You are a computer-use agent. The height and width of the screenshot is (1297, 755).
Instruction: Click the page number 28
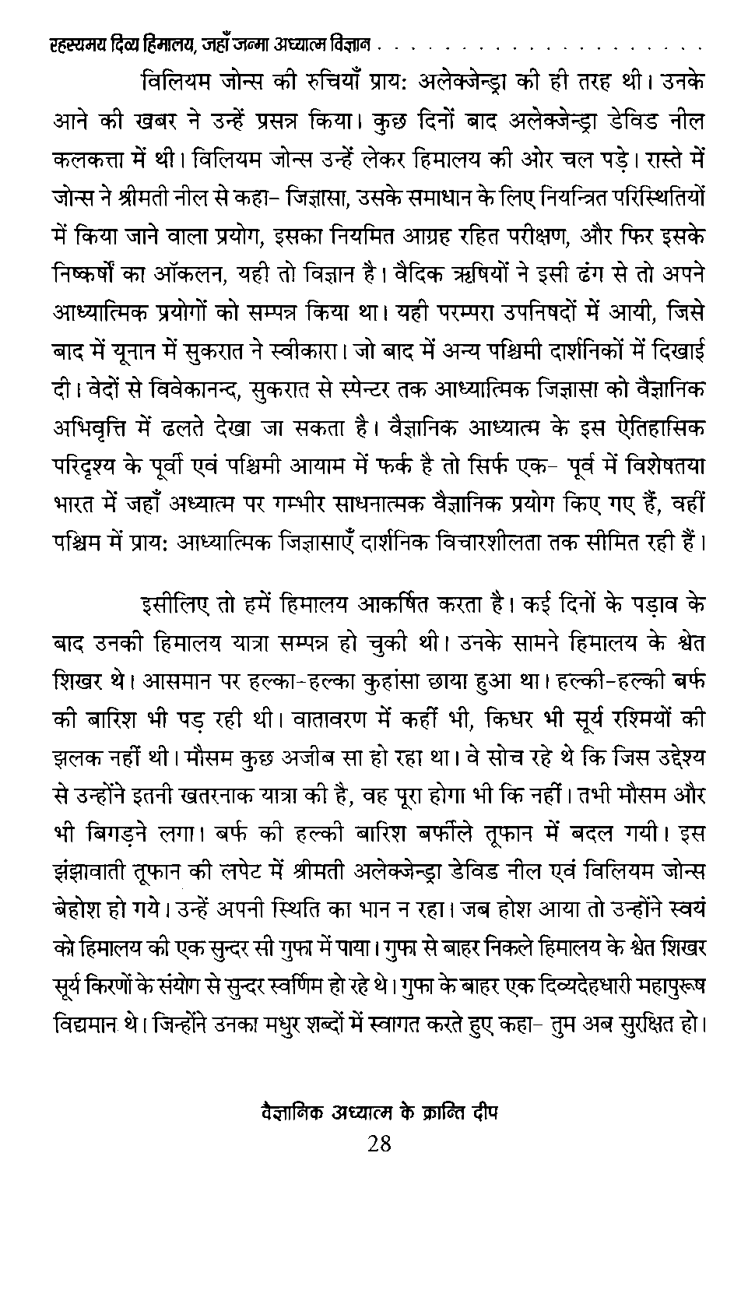[x=378, y=1144]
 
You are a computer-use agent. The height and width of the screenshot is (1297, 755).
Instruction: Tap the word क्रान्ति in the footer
[x=443, y=1111]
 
